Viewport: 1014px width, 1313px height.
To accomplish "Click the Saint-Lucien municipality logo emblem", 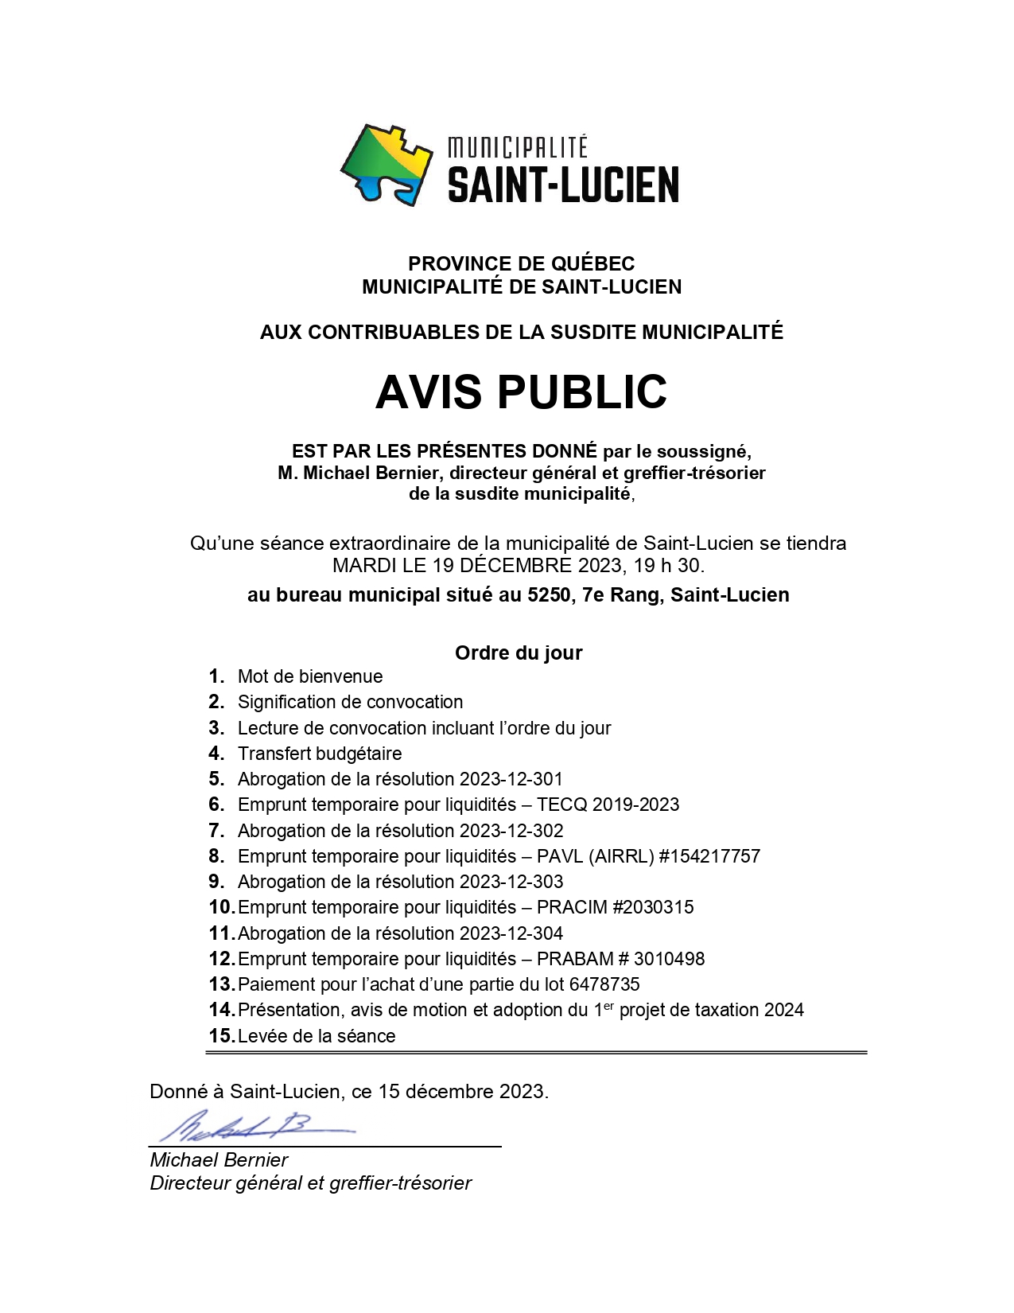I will pyautogui.click(x=387, y=165).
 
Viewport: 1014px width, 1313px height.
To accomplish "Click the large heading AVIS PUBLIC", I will pyautogui.click(x=521, y=392).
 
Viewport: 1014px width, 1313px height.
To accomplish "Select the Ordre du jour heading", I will pyautogui.click(x=519, y=653).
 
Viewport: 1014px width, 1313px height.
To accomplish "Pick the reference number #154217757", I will pyautogui.click(x=709, y=856).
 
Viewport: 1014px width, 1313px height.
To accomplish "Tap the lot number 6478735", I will pyautogui.click(x=604, y=984).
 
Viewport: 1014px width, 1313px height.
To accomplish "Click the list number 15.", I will pyautogui.click(x=221, y=1036).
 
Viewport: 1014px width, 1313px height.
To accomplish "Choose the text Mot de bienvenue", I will pyautogui.click(x=310, y=676).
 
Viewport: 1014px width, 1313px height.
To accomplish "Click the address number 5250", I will pyautogui.click(x=549, y=595).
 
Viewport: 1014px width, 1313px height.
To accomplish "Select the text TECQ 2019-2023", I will pyautogui.click(x=608, y=805).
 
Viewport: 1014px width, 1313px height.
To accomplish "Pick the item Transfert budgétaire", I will pyautogui.click(x=320, y=754).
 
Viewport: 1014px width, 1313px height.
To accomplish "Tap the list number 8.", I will pyautogui.click(x=216, y=856).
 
